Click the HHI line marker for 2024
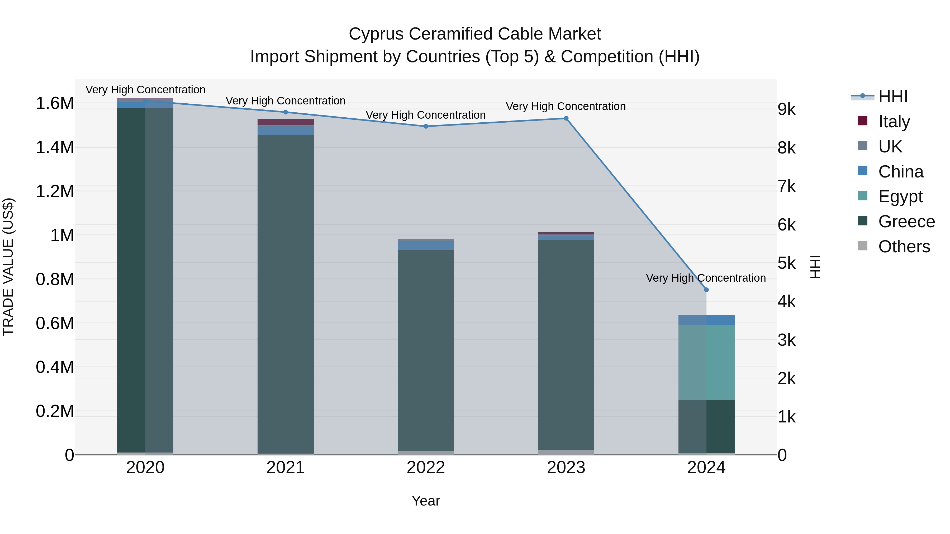pos(706,290)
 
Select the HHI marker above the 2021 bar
pos(286,112)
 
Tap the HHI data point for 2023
pos(566,118)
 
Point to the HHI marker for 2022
pos(426,126)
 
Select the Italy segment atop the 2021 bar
pos(286,122)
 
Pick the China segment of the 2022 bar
pos(426,245)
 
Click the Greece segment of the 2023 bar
pos(566,345)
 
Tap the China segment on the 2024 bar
pos(706,320)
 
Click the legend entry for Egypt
pos(900,196)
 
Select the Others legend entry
pos(904,247)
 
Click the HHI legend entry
pos(892,97)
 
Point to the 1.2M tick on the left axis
pos(55,191)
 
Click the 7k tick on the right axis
pos(787,186)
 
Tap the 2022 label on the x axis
pos(426,468)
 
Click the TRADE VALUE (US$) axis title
pos(8,267)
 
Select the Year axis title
pos(426,501)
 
